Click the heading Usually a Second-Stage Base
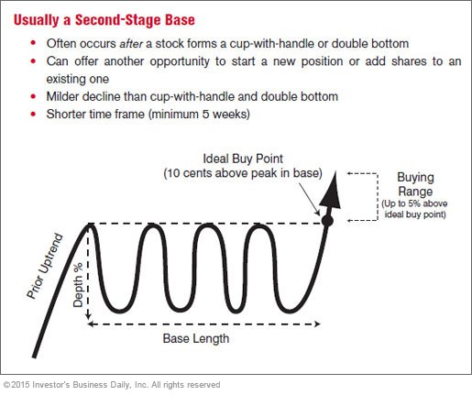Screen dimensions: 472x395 pos(104,20)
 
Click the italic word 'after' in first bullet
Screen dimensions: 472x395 pos(131,44)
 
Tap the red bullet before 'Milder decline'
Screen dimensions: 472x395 pos(33,96)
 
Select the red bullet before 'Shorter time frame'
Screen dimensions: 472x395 pos(33,115)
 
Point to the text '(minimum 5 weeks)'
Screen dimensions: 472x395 pos(199,115)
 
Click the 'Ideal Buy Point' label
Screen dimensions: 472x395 pos(243,159)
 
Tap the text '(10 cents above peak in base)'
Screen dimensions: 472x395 pos(243,173)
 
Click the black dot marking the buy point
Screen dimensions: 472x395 pos(327,221)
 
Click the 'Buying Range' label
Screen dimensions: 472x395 pos(415,184)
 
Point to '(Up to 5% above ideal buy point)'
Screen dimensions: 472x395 pos(414,209)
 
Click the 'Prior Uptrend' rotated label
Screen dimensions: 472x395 pos(45,266)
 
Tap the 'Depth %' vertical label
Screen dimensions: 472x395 pos(78,285)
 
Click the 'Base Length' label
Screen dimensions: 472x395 pos(196,338)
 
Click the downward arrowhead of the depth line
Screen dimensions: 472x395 pos(89,316)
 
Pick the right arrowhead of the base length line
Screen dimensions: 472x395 pos(317,324)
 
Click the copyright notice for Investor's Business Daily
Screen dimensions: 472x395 pos(112,385)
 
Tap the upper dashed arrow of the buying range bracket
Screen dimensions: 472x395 pos(362,173)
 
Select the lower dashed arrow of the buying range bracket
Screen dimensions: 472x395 pos(362,220)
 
